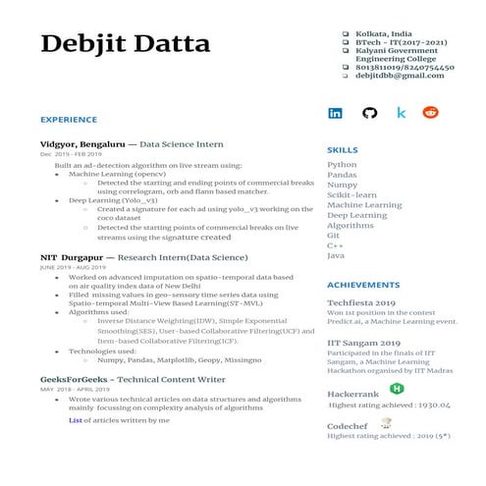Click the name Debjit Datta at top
click(x=125, y=44)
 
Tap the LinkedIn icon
click(x=336, y=113)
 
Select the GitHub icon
click(x=369, y=113)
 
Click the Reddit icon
click(x=430, y=113)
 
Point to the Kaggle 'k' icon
click(x=401, y=113)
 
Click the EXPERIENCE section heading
click(x=69, y=120)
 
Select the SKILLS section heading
click(x=342, y=149)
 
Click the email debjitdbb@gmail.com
click(x=393, y=76)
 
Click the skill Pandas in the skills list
click(x=343, y=175)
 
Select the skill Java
click(x=336, y=255)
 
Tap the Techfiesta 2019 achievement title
click(x=361, y=303)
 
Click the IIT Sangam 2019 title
click(x=362, y=344)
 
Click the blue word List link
click(x=76, y=420)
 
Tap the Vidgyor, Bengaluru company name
click(x=75, y=144)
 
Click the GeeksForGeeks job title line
click(x=133, y=378)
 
